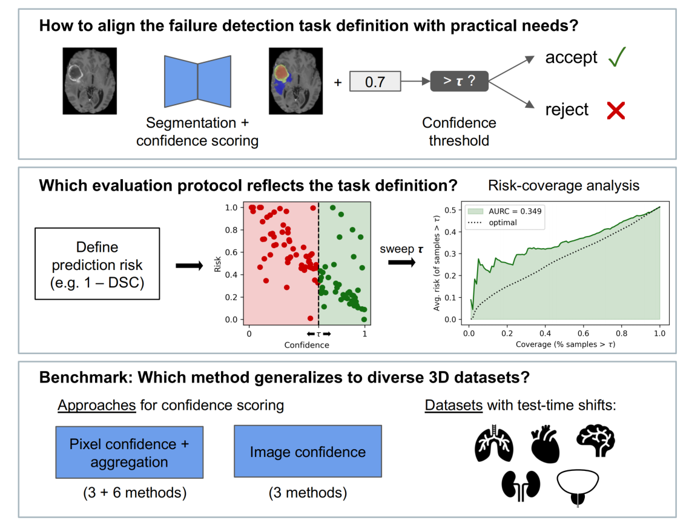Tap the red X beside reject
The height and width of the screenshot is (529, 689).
(616, 110)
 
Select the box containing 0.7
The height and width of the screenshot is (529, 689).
(375, 81)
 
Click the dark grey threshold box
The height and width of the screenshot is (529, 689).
(459, 81)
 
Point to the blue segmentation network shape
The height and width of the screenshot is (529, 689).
(197, 81)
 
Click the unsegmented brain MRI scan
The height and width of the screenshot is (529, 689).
(90, 81)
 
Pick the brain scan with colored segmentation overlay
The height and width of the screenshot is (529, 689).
(295, 81)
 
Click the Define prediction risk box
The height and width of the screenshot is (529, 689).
(97, 264)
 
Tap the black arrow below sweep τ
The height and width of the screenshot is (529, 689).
(401, 263)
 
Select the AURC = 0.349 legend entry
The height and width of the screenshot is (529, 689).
(504, 211)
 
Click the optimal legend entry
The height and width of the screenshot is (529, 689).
(492, 223)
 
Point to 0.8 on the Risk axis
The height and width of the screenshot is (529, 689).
(231, 230)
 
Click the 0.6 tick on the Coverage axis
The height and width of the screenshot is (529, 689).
(583, 333)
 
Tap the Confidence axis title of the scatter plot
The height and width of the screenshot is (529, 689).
(307, 345)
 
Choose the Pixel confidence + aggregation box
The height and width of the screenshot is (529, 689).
(129, 452)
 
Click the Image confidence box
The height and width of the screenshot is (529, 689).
(308, 452)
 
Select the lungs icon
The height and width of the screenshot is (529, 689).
(494, 443)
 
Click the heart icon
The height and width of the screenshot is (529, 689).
(545, 444)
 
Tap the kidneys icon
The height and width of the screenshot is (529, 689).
(521, 486)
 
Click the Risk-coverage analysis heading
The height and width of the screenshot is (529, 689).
(564, 185)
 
